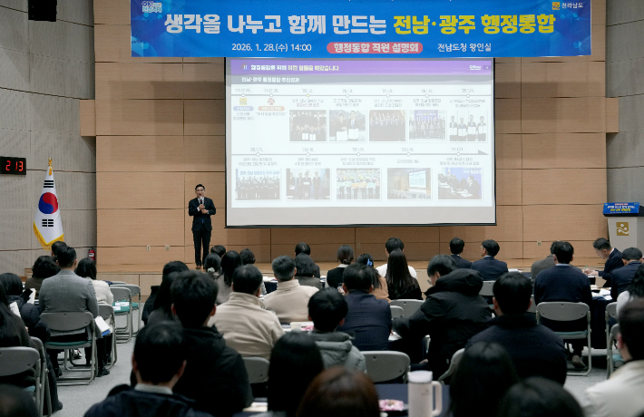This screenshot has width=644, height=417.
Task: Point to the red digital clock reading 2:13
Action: click(x=13, y=165)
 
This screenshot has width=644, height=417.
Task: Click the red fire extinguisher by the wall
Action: click(x=92, y=254)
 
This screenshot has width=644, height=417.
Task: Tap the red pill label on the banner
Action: click(x=375, y=47)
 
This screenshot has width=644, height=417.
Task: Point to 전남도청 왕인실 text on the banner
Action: click(x=463, y=47)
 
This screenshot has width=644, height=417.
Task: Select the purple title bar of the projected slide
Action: click(x=360, y=67)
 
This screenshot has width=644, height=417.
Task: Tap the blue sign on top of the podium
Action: click(x=621, y=208)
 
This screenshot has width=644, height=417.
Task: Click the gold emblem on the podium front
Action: click(x=622, y=228)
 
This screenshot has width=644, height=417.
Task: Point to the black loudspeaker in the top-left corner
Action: click(x=42, y=9)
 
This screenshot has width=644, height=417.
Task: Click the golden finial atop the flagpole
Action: click(x=49, y=162)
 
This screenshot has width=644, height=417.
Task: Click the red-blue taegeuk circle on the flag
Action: click(x=47, y=203)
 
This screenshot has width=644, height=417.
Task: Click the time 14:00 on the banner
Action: click(x=300, y=47)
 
